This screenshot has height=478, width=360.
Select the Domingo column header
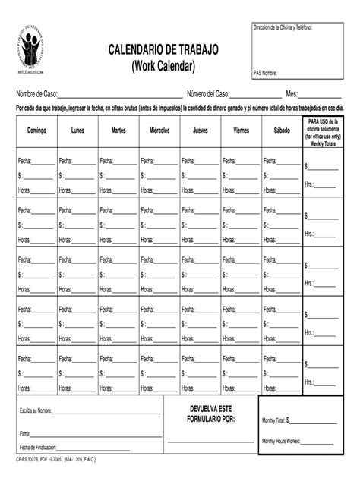pos(36,131)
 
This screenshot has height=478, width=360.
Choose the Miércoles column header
pos(159,131)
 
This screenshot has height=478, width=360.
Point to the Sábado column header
pos(282,131)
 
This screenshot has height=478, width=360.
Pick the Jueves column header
pos(201,131)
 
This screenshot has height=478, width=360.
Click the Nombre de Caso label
pos(39,94)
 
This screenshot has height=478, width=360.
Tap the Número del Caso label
pos(203,94)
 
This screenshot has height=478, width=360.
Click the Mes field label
pos(292,94)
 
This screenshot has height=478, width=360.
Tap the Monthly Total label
pos(273,420)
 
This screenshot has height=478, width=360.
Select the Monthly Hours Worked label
pos(281,441)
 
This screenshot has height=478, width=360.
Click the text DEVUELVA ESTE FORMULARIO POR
pos(211,414)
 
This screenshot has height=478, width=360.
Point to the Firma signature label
pos(25,434)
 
